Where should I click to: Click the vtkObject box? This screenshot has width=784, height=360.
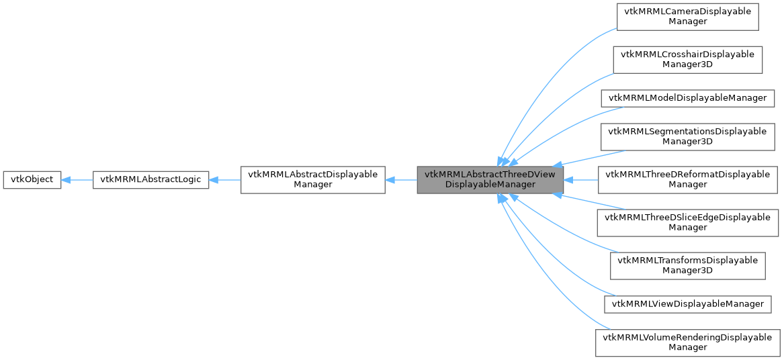32,180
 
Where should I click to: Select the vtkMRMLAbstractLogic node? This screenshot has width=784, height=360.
150,180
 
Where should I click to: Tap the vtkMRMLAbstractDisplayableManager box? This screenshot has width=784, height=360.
312,180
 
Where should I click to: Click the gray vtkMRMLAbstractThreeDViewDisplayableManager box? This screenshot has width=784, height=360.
490,180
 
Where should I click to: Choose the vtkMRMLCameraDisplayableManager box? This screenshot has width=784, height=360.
687,16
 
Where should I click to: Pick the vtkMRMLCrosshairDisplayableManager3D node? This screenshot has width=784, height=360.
687,60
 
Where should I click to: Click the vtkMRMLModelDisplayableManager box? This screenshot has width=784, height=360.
687,98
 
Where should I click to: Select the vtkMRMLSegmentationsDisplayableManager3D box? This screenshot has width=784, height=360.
687,136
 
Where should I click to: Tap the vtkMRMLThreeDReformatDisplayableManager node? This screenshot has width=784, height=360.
687,180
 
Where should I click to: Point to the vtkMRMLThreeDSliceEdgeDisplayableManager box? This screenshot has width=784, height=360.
687,223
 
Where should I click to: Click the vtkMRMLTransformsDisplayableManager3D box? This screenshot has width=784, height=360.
687,266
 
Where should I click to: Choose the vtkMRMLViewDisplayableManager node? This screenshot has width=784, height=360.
687,304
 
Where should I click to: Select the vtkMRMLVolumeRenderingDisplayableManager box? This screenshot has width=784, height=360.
687,343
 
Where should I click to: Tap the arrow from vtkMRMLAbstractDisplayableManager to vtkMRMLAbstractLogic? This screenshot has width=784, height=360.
225,180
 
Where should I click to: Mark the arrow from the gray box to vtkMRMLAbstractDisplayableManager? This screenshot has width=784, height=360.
401,180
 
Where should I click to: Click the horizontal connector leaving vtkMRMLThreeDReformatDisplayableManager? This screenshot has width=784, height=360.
582,180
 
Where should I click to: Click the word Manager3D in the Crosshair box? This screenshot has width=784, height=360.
687,65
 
